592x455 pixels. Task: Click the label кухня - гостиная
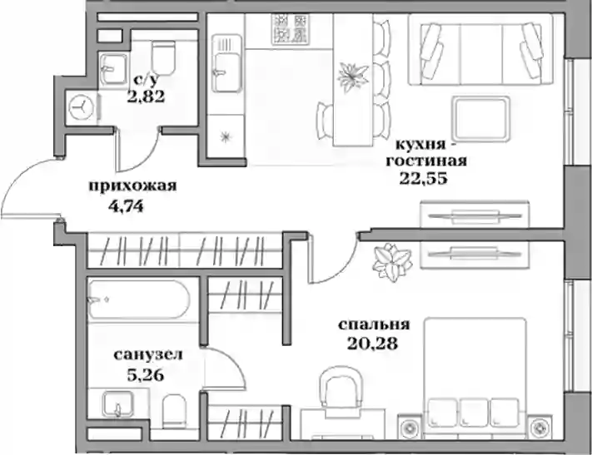(x=426, y=153)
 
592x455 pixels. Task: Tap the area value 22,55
(x=424, y=178)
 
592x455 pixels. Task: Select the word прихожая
(x=132, y=185)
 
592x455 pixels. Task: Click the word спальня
(x=374, y=324)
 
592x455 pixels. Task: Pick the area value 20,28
(x=373, y=344)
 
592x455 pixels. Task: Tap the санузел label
(x=148, y=354)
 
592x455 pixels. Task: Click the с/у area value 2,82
(x=146, y=96)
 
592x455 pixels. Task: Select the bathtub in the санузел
(x=138, y=299)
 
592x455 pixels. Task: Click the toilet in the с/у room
(x=163, y=57)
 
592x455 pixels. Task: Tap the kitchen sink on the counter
(x=226, y=63)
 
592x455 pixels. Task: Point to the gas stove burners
(x=291, y=29)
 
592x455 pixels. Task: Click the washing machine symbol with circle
(x=82, y=107)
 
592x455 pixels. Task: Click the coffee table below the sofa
(x=480, y=118)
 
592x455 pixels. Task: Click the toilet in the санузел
(x=174, y=411)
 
